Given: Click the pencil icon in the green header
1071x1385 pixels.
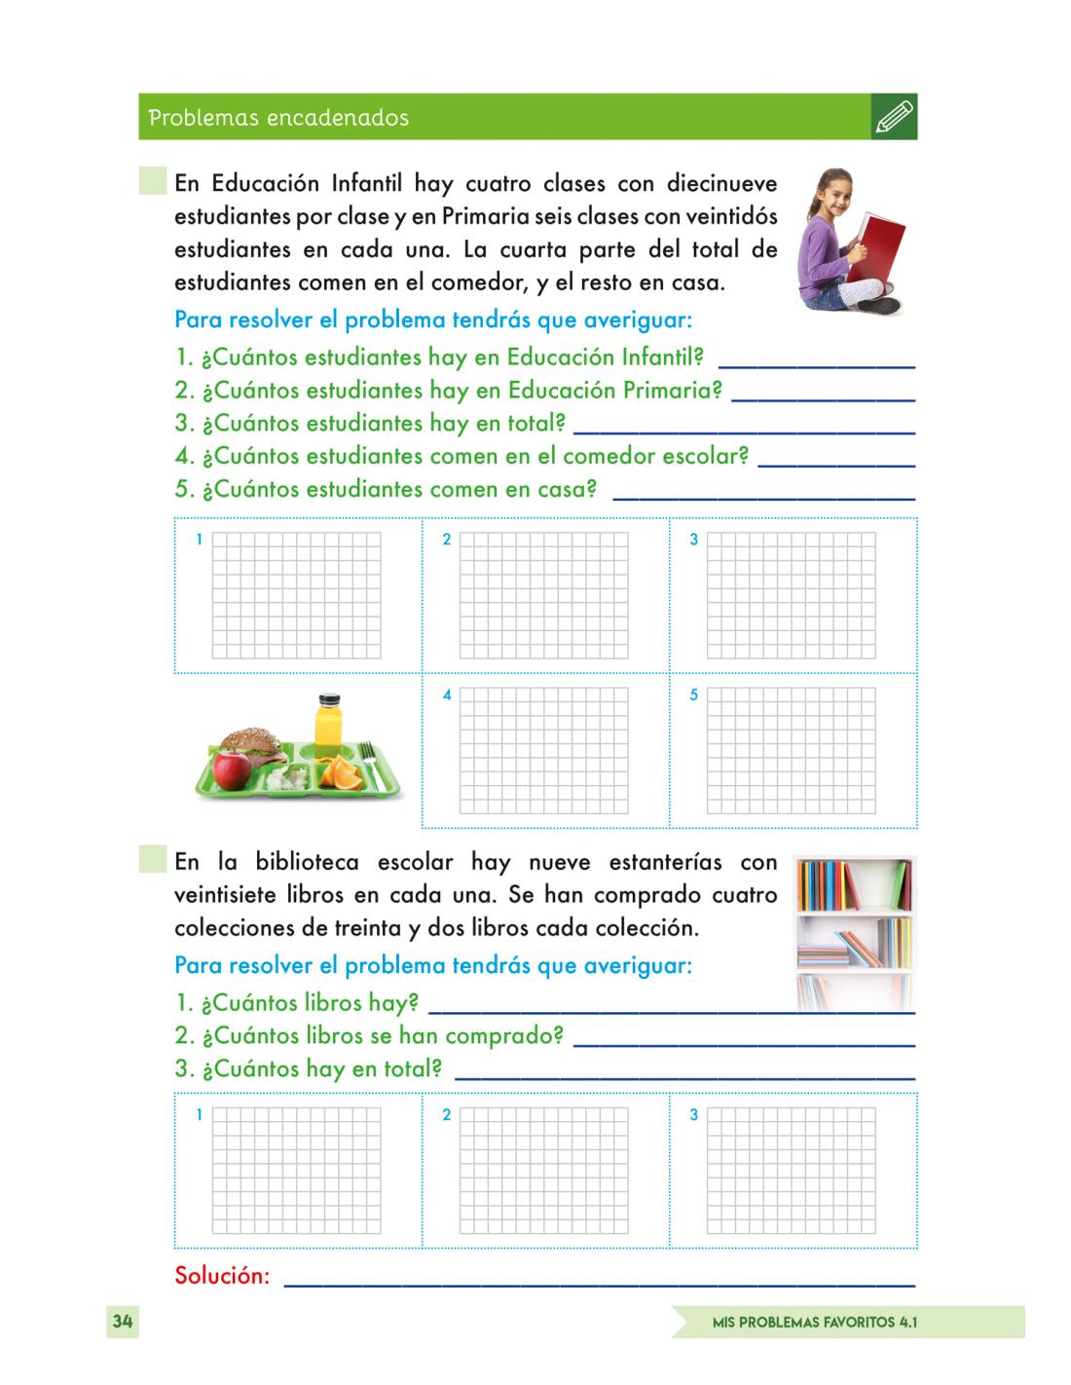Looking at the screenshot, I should tap(895, 117).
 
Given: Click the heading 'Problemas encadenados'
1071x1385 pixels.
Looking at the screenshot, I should tap(278, 118).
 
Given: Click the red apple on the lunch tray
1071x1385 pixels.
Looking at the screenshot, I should tap(231, 769).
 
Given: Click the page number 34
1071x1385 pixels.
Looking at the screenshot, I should tap(122, 1322).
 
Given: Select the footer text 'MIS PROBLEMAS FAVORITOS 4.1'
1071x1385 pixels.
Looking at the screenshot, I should tap(815, 1323).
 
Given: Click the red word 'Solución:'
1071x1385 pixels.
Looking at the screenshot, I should tap(222, 1275).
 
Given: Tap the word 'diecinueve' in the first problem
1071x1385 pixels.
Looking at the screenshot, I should tap(721, 183).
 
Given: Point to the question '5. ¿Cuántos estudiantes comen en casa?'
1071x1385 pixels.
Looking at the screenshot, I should tap(386, 489).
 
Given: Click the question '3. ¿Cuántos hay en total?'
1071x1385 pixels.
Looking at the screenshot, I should tap(309, 1068).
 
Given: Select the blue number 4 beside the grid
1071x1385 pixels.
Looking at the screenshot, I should tap(447, 695).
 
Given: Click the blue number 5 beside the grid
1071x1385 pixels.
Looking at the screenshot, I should tap(694, 695).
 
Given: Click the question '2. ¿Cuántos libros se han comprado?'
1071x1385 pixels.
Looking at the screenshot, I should tap(369, 1035).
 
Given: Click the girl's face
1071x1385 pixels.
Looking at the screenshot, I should tap(838, 193).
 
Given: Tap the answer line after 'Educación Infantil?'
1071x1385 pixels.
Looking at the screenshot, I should tap(816, 362).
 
